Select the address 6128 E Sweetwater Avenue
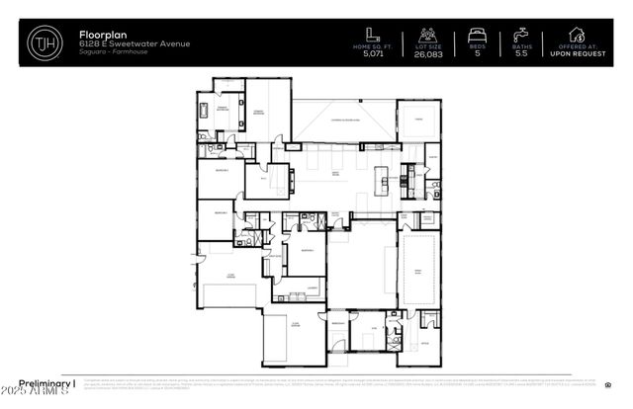120,43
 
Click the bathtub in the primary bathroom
206,110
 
